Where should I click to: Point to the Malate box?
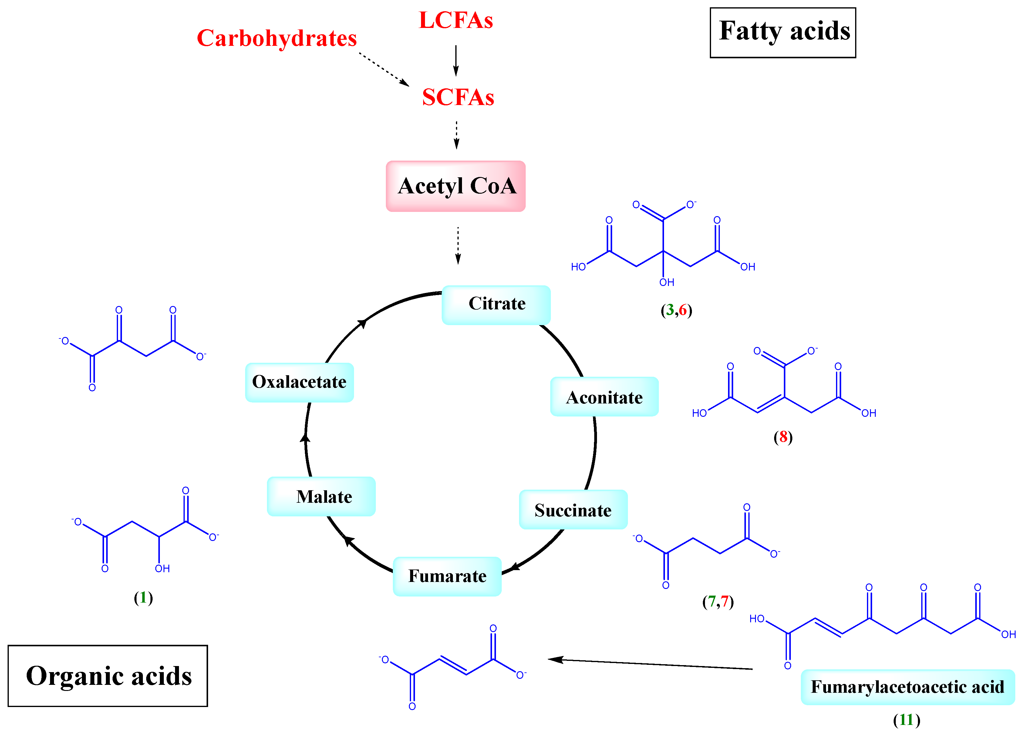coord(321,496)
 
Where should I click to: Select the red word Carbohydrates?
coord(277,38)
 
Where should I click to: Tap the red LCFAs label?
coord(456,20)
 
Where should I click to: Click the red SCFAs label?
coord(457,97)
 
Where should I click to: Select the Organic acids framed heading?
coord(108,676)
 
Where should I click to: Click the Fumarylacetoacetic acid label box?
coord(907,687)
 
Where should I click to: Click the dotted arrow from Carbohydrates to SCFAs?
coord(384,69)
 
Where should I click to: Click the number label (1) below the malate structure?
coord(143,598)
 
